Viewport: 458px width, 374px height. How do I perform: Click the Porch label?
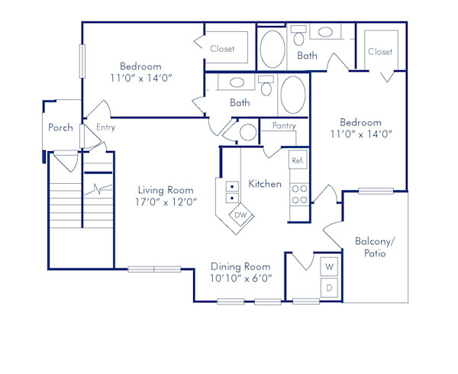coord(60,127)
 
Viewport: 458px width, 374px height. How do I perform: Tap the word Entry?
coord(106,127)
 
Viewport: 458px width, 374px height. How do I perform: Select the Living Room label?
coord(165,190)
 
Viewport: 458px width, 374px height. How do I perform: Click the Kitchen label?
coord(265,184)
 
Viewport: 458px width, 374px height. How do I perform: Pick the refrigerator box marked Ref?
coord(298,160)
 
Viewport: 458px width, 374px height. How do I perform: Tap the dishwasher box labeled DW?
coord(240,215)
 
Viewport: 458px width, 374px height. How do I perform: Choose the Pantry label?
coord(283,126)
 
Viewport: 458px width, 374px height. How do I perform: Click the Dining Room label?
coord(240,266)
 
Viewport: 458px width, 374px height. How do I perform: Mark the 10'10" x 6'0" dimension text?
coord(240,279)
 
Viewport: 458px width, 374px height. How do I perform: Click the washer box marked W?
coord(330,267)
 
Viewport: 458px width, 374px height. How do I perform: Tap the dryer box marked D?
coord(330,288)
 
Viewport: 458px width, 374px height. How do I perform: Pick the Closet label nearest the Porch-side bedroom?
coord(222,49)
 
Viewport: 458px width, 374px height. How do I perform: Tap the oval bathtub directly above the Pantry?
coord(292,95)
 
